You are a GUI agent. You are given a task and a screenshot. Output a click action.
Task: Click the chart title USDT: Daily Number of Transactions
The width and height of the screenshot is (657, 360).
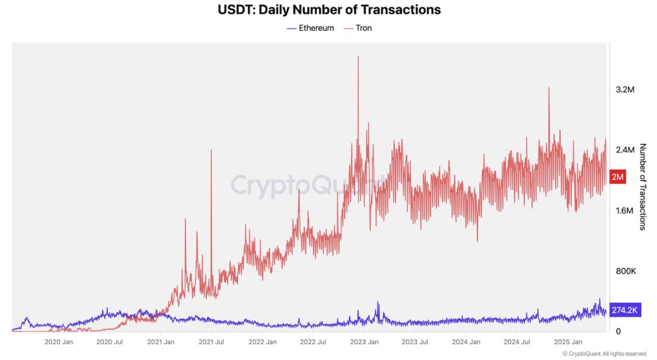pos(329,10)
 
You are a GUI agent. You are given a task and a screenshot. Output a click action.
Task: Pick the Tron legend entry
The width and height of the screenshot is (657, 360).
pos(358,28)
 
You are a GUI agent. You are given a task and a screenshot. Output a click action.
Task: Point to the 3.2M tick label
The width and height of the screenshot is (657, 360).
pos(625,90)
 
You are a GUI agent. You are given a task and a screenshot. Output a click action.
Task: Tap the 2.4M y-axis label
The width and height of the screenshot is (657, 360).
pos(625,150)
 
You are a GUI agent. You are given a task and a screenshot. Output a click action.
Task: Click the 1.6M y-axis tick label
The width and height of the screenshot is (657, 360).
pos(625,210)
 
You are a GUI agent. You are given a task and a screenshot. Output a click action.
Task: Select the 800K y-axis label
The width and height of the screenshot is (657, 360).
pos(626,271)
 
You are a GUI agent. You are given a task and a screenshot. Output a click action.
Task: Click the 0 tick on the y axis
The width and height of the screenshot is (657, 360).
pos(618,331)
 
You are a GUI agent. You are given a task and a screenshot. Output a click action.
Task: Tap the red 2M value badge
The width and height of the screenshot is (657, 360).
pos(618,177)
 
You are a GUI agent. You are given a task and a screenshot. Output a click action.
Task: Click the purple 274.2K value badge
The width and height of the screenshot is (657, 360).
pos(625,311)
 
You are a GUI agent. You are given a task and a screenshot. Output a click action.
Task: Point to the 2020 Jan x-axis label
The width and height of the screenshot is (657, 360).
pos(59,342)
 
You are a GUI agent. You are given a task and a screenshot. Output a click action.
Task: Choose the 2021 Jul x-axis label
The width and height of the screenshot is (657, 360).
pos(211,342)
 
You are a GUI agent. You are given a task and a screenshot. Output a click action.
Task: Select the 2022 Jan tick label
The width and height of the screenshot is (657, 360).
pos(263,342)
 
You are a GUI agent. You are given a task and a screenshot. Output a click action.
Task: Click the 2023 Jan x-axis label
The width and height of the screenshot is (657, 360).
pos(364,342)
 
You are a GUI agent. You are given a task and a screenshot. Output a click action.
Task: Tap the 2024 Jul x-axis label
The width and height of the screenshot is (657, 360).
pos(517,342)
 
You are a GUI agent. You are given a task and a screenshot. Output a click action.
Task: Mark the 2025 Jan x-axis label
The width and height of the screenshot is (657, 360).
pos(568,342)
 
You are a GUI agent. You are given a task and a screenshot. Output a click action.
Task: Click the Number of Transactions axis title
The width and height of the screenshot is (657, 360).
pos(643,187)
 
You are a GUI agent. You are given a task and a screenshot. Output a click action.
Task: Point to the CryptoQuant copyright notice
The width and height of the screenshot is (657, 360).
pos(604,354)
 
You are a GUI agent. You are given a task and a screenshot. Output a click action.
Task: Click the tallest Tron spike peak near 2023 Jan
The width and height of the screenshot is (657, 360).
pos(358,57)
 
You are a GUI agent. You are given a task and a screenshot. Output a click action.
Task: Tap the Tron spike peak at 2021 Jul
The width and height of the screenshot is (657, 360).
pos(211,150)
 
